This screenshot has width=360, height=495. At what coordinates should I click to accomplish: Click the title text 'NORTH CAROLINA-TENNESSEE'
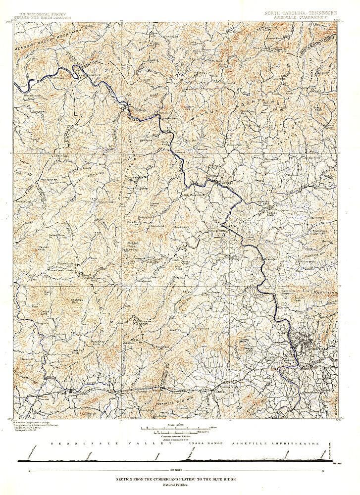point(307,9)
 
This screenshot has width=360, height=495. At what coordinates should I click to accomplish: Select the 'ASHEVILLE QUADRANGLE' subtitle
point(307,14)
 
